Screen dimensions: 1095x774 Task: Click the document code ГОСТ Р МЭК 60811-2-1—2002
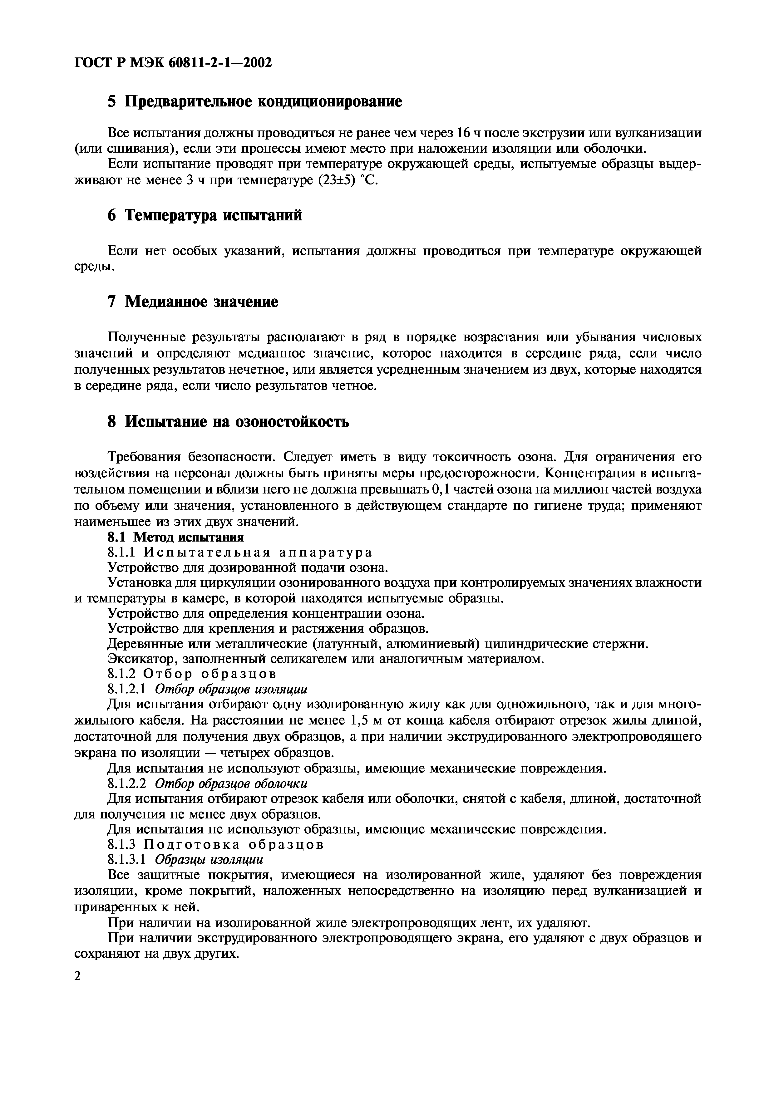[173, 62]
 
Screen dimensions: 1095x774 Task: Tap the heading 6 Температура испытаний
[205, 216]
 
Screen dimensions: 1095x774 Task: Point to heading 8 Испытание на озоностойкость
[228, 422]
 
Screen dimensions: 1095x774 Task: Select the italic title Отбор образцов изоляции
[231, 690]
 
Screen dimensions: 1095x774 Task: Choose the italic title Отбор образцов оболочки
[231, 783]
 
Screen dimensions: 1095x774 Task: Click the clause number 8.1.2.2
[126, 783]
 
